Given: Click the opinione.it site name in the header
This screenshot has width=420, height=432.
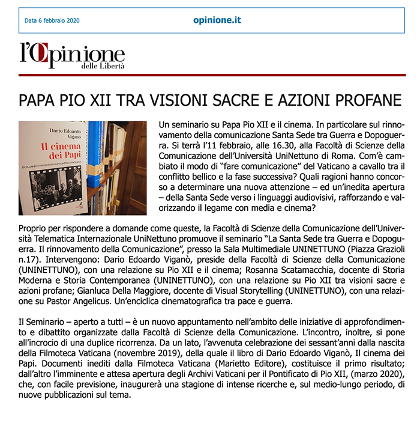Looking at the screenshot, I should click(x=217, y=20).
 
